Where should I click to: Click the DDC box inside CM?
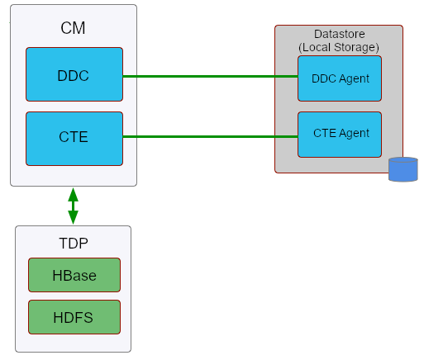pos(74,75)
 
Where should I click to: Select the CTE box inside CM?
pos(74,138)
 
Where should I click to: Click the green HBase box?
pos(74,275)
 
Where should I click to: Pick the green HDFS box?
pos(74,317)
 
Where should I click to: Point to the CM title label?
pos(73,29)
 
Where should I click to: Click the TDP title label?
pos(73,244)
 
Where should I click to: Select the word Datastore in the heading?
pos(339,34)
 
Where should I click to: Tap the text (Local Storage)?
pos(339,47)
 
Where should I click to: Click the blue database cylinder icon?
pos(403,169)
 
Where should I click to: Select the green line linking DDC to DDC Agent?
pos(211,76)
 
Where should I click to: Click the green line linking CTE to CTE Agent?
pos(211,137)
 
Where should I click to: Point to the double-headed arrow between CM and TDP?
pos(73,206)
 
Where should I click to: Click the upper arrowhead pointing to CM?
pos(73,194)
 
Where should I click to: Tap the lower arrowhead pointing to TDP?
pos(73,218)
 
